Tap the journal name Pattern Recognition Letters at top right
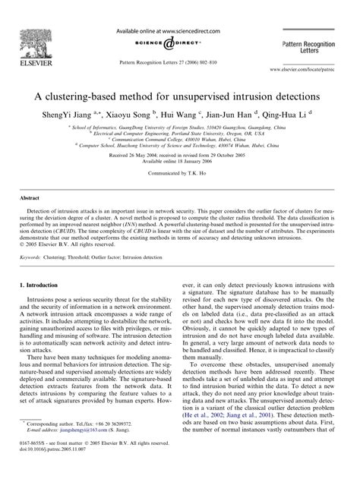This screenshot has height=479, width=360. (x=316, y=45)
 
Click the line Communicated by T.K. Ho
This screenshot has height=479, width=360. (x=180, y=172)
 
